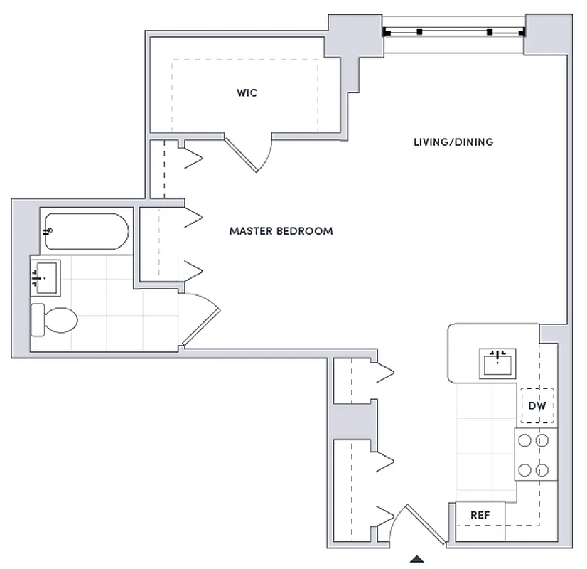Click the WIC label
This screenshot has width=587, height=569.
(247, 93)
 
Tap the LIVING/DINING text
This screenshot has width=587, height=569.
(453, 142)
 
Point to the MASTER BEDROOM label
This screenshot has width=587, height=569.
(281, 231)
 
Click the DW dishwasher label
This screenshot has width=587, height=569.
(537, 406)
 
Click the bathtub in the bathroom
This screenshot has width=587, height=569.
(85, 231)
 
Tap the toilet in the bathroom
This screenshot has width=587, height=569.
(55, 319)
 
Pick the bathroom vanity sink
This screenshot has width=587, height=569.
(45, 277)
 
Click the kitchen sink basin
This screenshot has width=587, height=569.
(498, 363)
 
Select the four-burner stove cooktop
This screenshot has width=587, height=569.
(534, 455)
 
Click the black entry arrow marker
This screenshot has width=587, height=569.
(418, 559)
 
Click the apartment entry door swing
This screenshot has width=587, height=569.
(412, 523)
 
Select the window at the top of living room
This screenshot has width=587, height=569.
(453, 32)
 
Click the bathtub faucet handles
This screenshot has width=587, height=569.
(48, 231)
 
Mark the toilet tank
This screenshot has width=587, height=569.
(38, 319)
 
